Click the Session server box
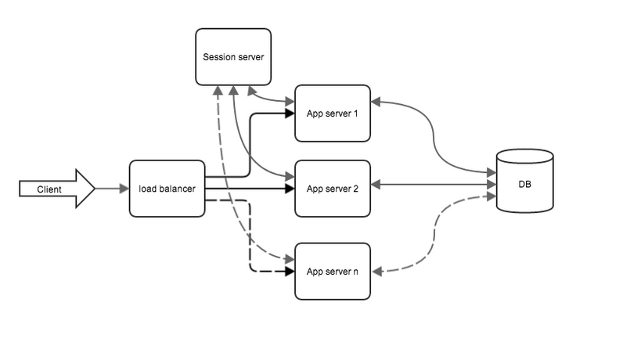click(x=233, y=56)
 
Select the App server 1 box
click(x=332, y=113)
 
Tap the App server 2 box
click(x=332, y=189)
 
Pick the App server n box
click(x=332, y=272)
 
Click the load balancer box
click(x=167, y=189)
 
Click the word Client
click(x=49, y=189)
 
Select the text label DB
click(x=524, y=185)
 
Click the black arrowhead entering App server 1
click(x=290, y=113)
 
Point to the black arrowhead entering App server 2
click(x=290, y=189)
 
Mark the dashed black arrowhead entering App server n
click(x=290, y=272)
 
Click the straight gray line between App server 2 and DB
click(x=434, y=185)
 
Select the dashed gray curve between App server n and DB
click(x=435, y=235)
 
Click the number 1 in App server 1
click(x=355, y=113)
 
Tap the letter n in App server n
click(x=355, y=272)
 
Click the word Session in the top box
click(x=218, y=56)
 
